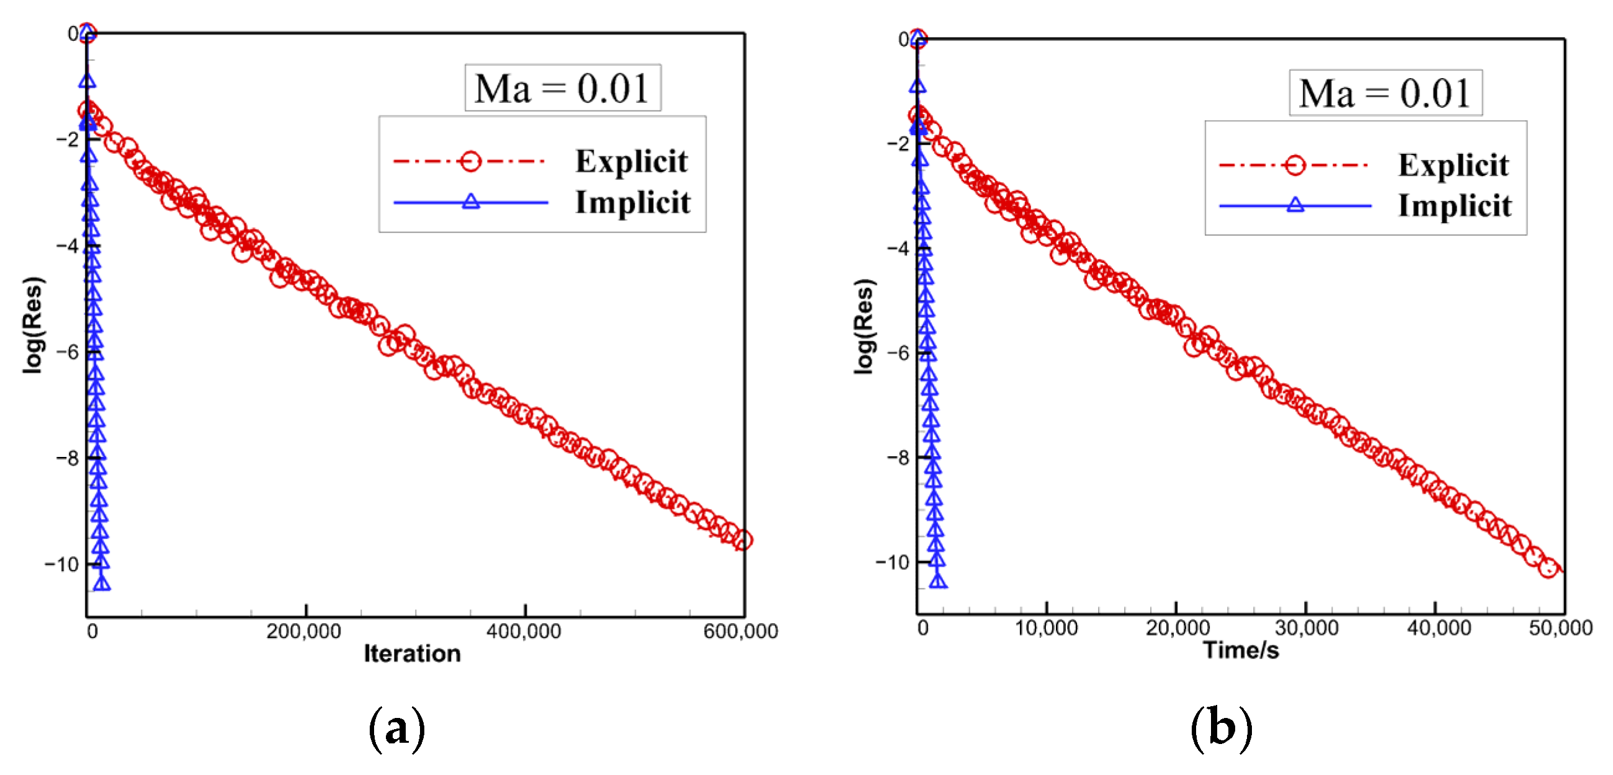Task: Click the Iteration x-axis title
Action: pyautogui.click(x=412, y=653)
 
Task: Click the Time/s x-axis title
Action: pyautogui.click(x=1240, y=650)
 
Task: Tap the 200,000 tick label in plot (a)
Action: pyautogui.click(x=304, y=631)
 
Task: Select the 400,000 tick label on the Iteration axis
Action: pyautogui.click(x=524, y=631)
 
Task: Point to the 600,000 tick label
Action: pyautogui.click(x=740, y=631)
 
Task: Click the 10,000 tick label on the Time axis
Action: pyautogui.click(x=1046, y=627)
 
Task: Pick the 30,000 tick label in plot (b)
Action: pyautogui.click(x=1306, y=627)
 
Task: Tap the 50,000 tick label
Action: pyautogui.click(x=1560, y=627)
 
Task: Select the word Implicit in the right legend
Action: pyautogui.click(x=1455, y=205)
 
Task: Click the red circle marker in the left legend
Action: pyautogui.click(x=470, y=162)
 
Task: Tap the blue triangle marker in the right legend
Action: pyautogui.click(x=1295, y=205)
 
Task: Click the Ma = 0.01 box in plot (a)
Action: pyautogui.click(x=562, y=87)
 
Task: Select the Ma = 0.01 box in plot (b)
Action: pyautogui.click(x=1385, y=92)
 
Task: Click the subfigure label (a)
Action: pyautogui.click(x=396, y=728)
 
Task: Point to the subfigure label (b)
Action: pyautogui.click(x=1221, y=728)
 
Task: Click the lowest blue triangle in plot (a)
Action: pyautogui.click(x=102, y=583)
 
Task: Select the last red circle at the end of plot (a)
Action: pyautogui.click(x=743, y=539)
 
